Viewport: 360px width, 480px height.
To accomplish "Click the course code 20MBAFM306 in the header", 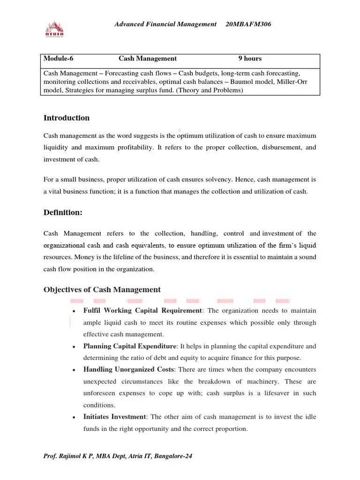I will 248,24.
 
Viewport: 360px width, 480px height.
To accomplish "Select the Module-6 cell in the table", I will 59,59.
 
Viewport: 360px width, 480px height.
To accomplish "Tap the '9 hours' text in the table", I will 250,59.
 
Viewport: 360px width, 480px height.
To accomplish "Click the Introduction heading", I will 66,118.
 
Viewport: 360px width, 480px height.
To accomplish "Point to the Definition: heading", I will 63,212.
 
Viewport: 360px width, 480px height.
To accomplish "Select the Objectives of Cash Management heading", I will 102,289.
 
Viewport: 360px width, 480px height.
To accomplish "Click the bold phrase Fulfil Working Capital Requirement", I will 142,311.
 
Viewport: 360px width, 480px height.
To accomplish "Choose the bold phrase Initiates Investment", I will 115,417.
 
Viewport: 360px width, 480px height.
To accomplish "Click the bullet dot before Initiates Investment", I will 74,418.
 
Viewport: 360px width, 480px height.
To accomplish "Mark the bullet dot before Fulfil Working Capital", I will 74,311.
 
